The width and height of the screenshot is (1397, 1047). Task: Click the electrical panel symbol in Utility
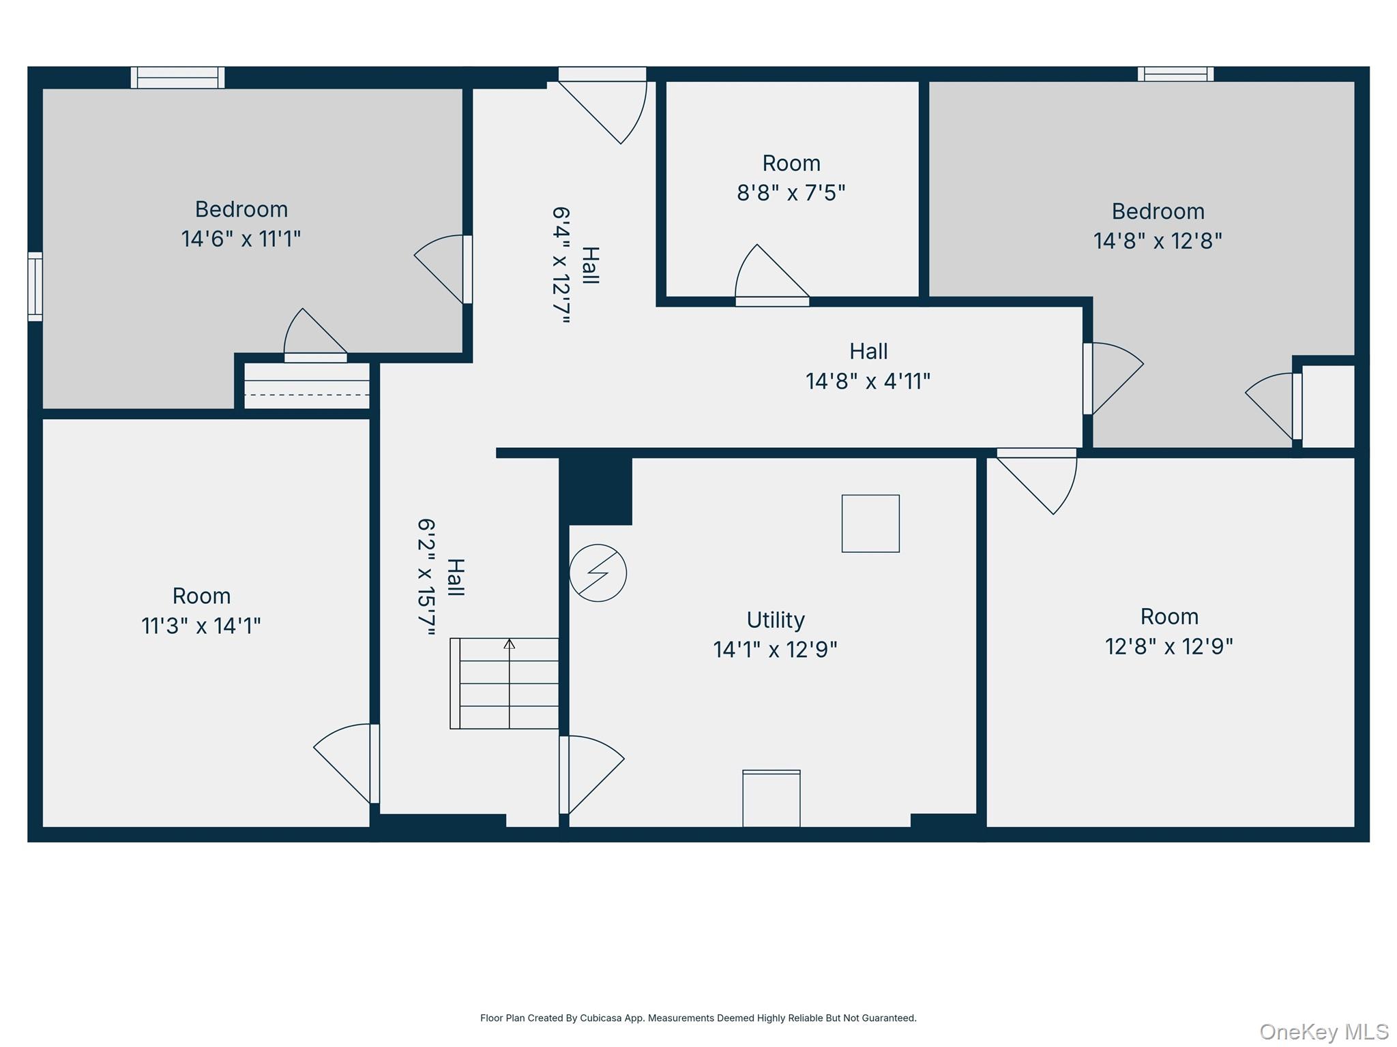598,573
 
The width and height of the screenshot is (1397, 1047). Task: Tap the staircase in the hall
505,683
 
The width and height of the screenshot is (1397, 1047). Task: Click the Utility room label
776,620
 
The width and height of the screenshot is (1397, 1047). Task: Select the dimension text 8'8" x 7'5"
791,193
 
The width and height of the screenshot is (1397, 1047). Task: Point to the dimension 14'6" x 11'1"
241,239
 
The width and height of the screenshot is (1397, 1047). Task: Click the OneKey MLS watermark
1323,1032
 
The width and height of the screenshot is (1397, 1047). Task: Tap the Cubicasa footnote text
698,1018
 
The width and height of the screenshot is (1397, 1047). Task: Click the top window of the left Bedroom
177,78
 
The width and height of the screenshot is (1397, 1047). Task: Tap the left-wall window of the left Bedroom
35,286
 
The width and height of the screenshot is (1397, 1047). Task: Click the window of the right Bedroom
1175,74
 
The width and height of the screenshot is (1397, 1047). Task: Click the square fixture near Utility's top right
870,523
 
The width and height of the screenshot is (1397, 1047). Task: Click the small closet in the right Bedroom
1328,406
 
